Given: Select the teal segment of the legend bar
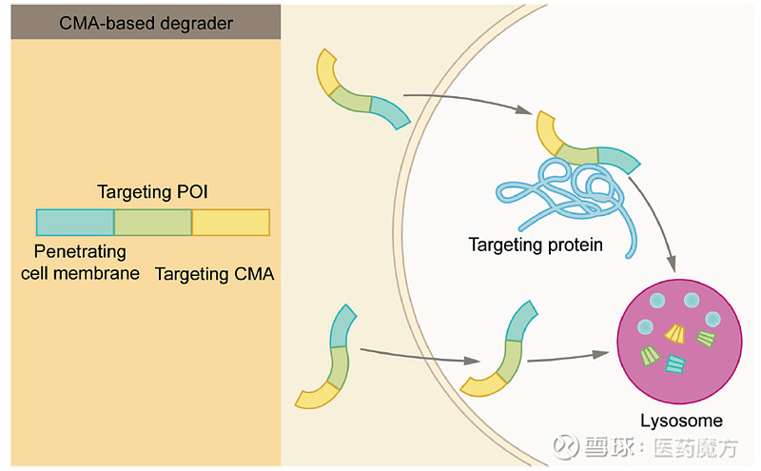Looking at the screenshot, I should click(75, 222).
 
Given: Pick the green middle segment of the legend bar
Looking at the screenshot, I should click(153, 222).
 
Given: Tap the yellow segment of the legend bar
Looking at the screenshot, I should click(231, 222).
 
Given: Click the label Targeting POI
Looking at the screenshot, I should click(152, 192).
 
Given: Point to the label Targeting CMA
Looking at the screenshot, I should click(214, 274).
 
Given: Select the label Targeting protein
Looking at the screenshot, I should click(536, 245).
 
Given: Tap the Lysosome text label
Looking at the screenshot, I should click(682, 420).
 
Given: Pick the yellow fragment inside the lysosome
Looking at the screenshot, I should click(675, 332).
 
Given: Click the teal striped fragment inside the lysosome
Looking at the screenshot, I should click(676, 363).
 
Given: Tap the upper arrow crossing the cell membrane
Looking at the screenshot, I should click(466, 103).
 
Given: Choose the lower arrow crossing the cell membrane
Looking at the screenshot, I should click(419, 354).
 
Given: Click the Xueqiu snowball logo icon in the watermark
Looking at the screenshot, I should click(568, 446).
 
